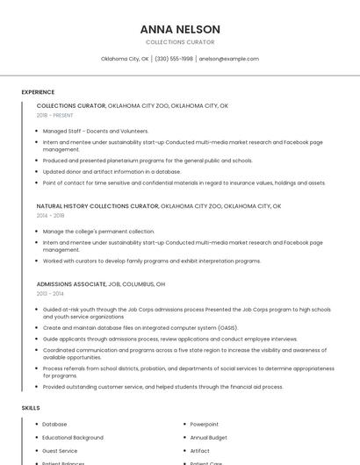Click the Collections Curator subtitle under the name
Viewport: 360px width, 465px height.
pyautogui.click(x=180, y=42)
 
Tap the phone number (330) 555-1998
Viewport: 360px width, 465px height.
pyautogui.click(x=174, y=59)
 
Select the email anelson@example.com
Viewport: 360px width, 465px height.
pyautogui.click(x=228, y=59)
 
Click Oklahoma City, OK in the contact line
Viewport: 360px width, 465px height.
pyautogui.click(x=125, y=59)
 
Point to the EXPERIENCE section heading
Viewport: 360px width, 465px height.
pyautogui.click(x=38, y=91)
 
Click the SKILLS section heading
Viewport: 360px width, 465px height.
pyautogui.click(x=31, y=408)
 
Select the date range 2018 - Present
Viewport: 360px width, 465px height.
pyautogui.click(x=54, y=115)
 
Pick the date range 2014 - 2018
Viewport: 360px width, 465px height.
pyautogui.click(x=50, y=215)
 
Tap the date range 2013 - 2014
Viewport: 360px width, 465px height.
pyautogui.click(x=50, y=294)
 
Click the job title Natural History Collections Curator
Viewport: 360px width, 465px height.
pyautogui.click(x=97, y=206)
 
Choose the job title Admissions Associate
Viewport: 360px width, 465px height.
pyautogui.click(x=70, y=284)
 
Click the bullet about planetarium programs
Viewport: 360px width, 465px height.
pyautogui.click(x=148, y=161)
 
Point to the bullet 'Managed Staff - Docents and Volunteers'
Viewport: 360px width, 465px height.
pyautogui.click(x=96, y=131)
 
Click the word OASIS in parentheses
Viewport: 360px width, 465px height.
pyautogui.click(x=227, y=327)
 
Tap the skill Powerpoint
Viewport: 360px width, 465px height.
pyautogui.click(x=204, y=424)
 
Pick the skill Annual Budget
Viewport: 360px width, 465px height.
pyautogui.click(x=208, y=437)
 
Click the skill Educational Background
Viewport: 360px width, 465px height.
pyautogui.click(x=73, y=437)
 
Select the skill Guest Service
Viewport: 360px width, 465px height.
pyautogui.click(x=60, y=450)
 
